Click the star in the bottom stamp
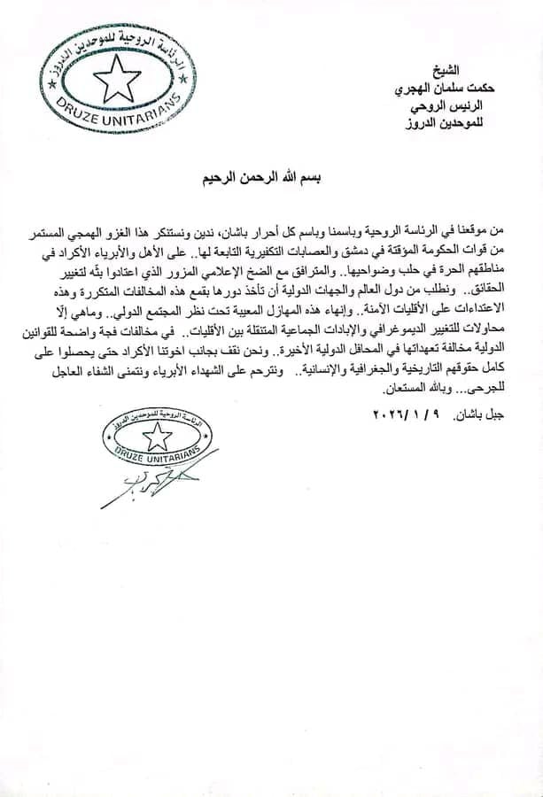click(159, 434)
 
